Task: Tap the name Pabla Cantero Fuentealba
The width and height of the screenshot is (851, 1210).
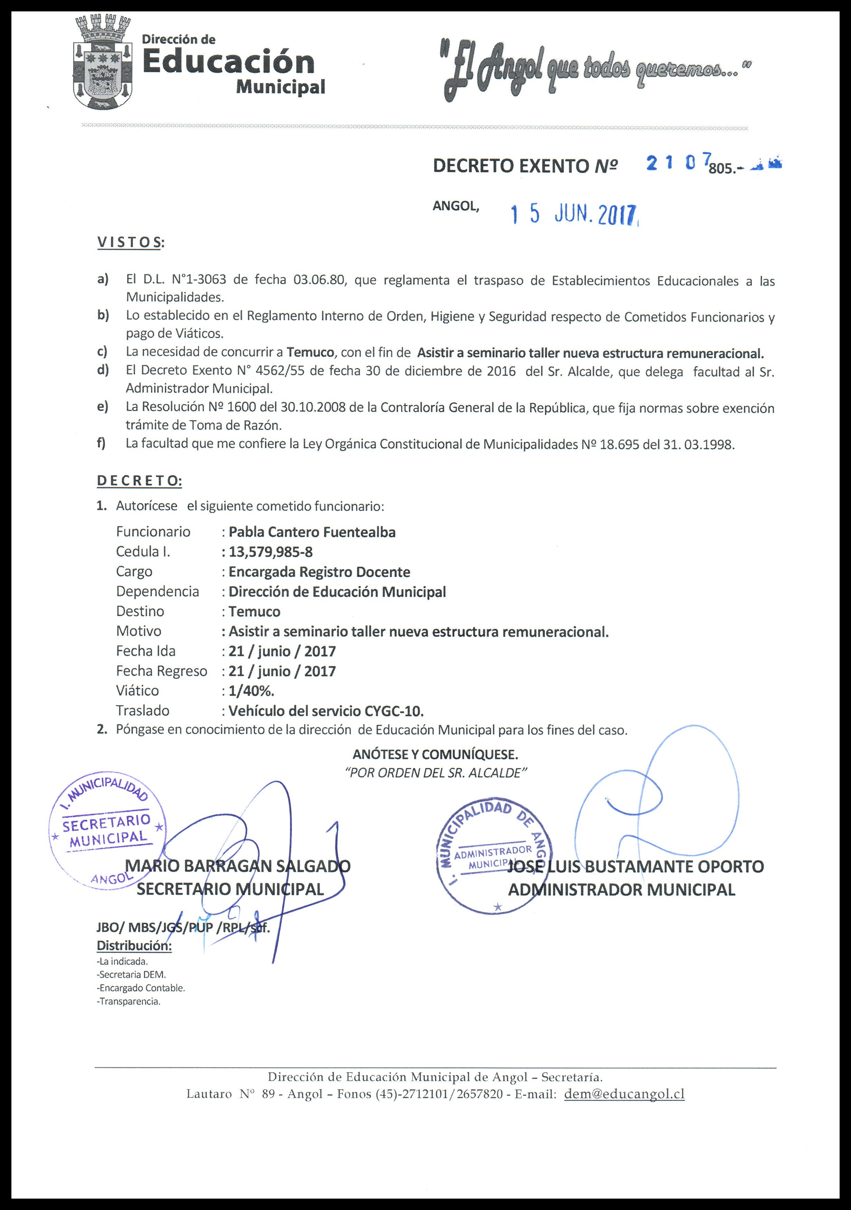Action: pyautogui.click(x=312, y=532)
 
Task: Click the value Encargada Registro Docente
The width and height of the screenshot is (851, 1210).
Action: pyautogui.click(x=319, y=572)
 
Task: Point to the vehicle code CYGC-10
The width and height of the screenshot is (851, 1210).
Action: pyautogui.click(x=393, y=711)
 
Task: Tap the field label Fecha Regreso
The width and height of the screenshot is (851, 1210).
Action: pyautogui.click(x=161, y=671)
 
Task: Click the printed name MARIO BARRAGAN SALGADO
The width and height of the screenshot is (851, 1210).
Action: pyautogui.click(x=238, y=865)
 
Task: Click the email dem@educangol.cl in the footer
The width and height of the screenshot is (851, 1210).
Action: pyautogui.click(x=624, y=1094)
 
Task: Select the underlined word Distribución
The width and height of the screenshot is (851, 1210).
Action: pyautogui.click(x=134, y=945)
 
